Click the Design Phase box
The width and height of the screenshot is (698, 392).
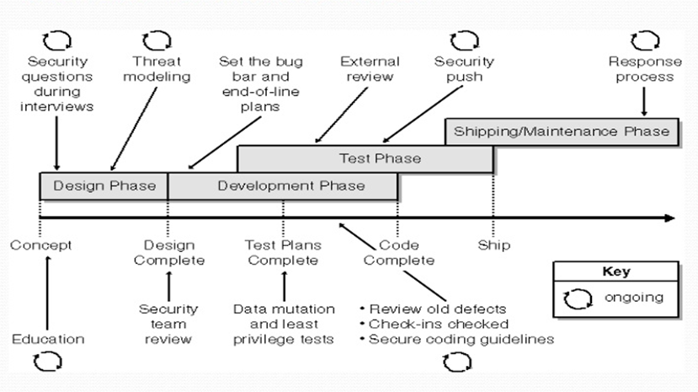tap(104, 185)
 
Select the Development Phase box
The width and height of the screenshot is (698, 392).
tap(283, 185)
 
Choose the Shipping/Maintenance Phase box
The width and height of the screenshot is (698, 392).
tap(562, 131)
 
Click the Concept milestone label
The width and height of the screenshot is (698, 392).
tap(40, 245)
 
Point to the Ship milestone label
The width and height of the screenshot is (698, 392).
tap(493, 245)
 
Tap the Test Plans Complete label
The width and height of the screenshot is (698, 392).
tap(282, 252)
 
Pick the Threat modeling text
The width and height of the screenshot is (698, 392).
tap(162, 69)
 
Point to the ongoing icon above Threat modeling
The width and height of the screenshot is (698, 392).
tap(157, 40)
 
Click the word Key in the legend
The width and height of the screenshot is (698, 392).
tap(615, 272)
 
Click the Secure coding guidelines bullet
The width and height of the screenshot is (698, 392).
tap(458, 339)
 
